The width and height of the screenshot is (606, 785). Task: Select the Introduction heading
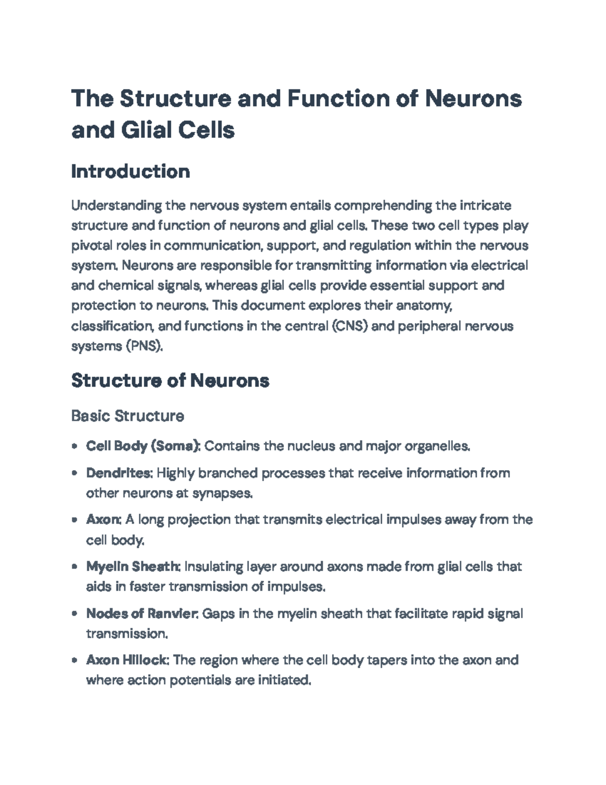pyautogui.click(x=130, y=172)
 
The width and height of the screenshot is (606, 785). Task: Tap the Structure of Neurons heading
pyautogui.click(x=170, y=380)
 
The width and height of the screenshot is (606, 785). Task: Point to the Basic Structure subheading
pyautogui.click(x=127, y=416)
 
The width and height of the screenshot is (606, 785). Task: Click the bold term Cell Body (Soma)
pyautogui.click(x=143, y=446)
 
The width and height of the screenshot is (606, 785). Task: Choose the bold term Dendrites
pyautogui.click(x=119, y=473)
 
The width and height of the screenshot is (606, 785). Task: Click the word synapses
pyautogui.click(x=222, y=493)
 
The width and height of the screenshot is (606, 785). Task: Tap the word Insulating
pyautogui.click(x=213, y=567)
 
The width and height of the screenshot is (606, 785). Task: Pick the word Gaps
pyautogui.click(x=218, y=614)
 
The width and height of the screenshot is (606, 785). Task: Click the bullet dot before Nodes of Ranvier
pyautogui.click(x=75, y=614)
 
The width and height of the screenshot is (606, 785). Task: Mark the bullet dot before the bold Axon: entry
pyautogui.click(x=75, y=520)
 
